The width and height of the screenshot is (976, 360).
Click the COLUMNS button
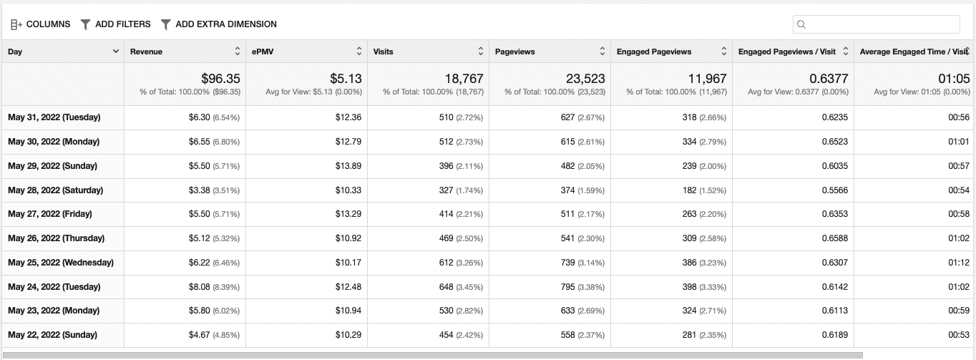coord(41,24)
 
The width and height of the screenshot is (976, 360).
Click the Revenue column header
coord(147,52)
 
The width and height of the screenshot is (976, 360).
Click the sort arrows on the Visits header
coord(481,52)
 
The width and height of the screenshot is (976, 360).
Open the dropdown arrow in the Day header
coord(116,52)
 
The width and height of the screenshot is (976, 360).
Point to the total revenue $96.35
coord(220,78)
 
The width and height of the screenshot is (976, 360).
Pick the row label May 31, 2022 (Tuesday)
coord(54,117)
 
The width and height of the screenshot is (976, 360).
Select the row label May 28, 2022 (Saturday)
coord(56,190)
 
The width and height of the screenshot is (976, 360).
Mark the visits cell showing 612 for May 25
coord(446,263)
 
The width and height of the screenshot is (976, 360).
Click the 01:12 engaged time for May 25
coord(958,263)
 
